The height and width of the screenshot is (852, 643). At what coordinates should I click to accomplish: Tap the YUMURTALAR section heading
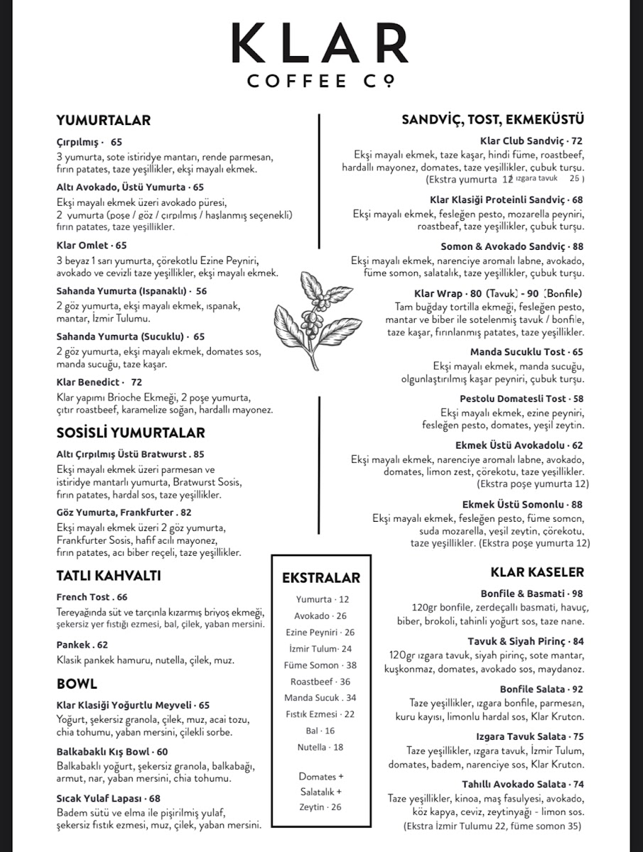pyautogui.click(x=103, y=121)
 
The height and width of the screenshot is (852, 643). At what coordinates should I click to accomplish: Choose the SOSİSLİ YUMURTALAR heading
pyautogui.click(x=130, y=432)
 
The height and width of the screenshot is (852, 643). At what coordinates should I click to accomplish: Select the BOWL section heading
pyautogui.click(x=77, y=684)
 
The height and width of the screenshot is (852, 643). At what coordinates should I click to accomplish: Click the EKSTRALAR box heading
pyautogui.click(x=320, y=578)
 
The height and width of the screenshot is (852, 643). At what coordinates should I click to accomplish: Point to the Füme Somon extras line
pyautogui.click(x=320, y=665)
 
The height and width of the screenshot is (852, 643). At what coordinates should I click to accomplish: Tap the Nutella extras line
pyautogui.click(x=320, y=747)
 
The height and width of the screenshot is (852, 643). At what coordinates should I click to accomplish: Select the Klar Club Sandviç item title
pyautogui.click(x=531, y=141)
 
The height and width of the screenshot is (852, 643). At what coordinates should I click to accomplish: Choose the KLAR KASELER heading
pyautogui.click(x=536, y=572)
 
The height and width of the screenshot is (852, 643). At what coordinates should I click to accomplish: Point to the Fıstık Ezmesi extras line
pyautogui.click(x=320, y=714)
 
